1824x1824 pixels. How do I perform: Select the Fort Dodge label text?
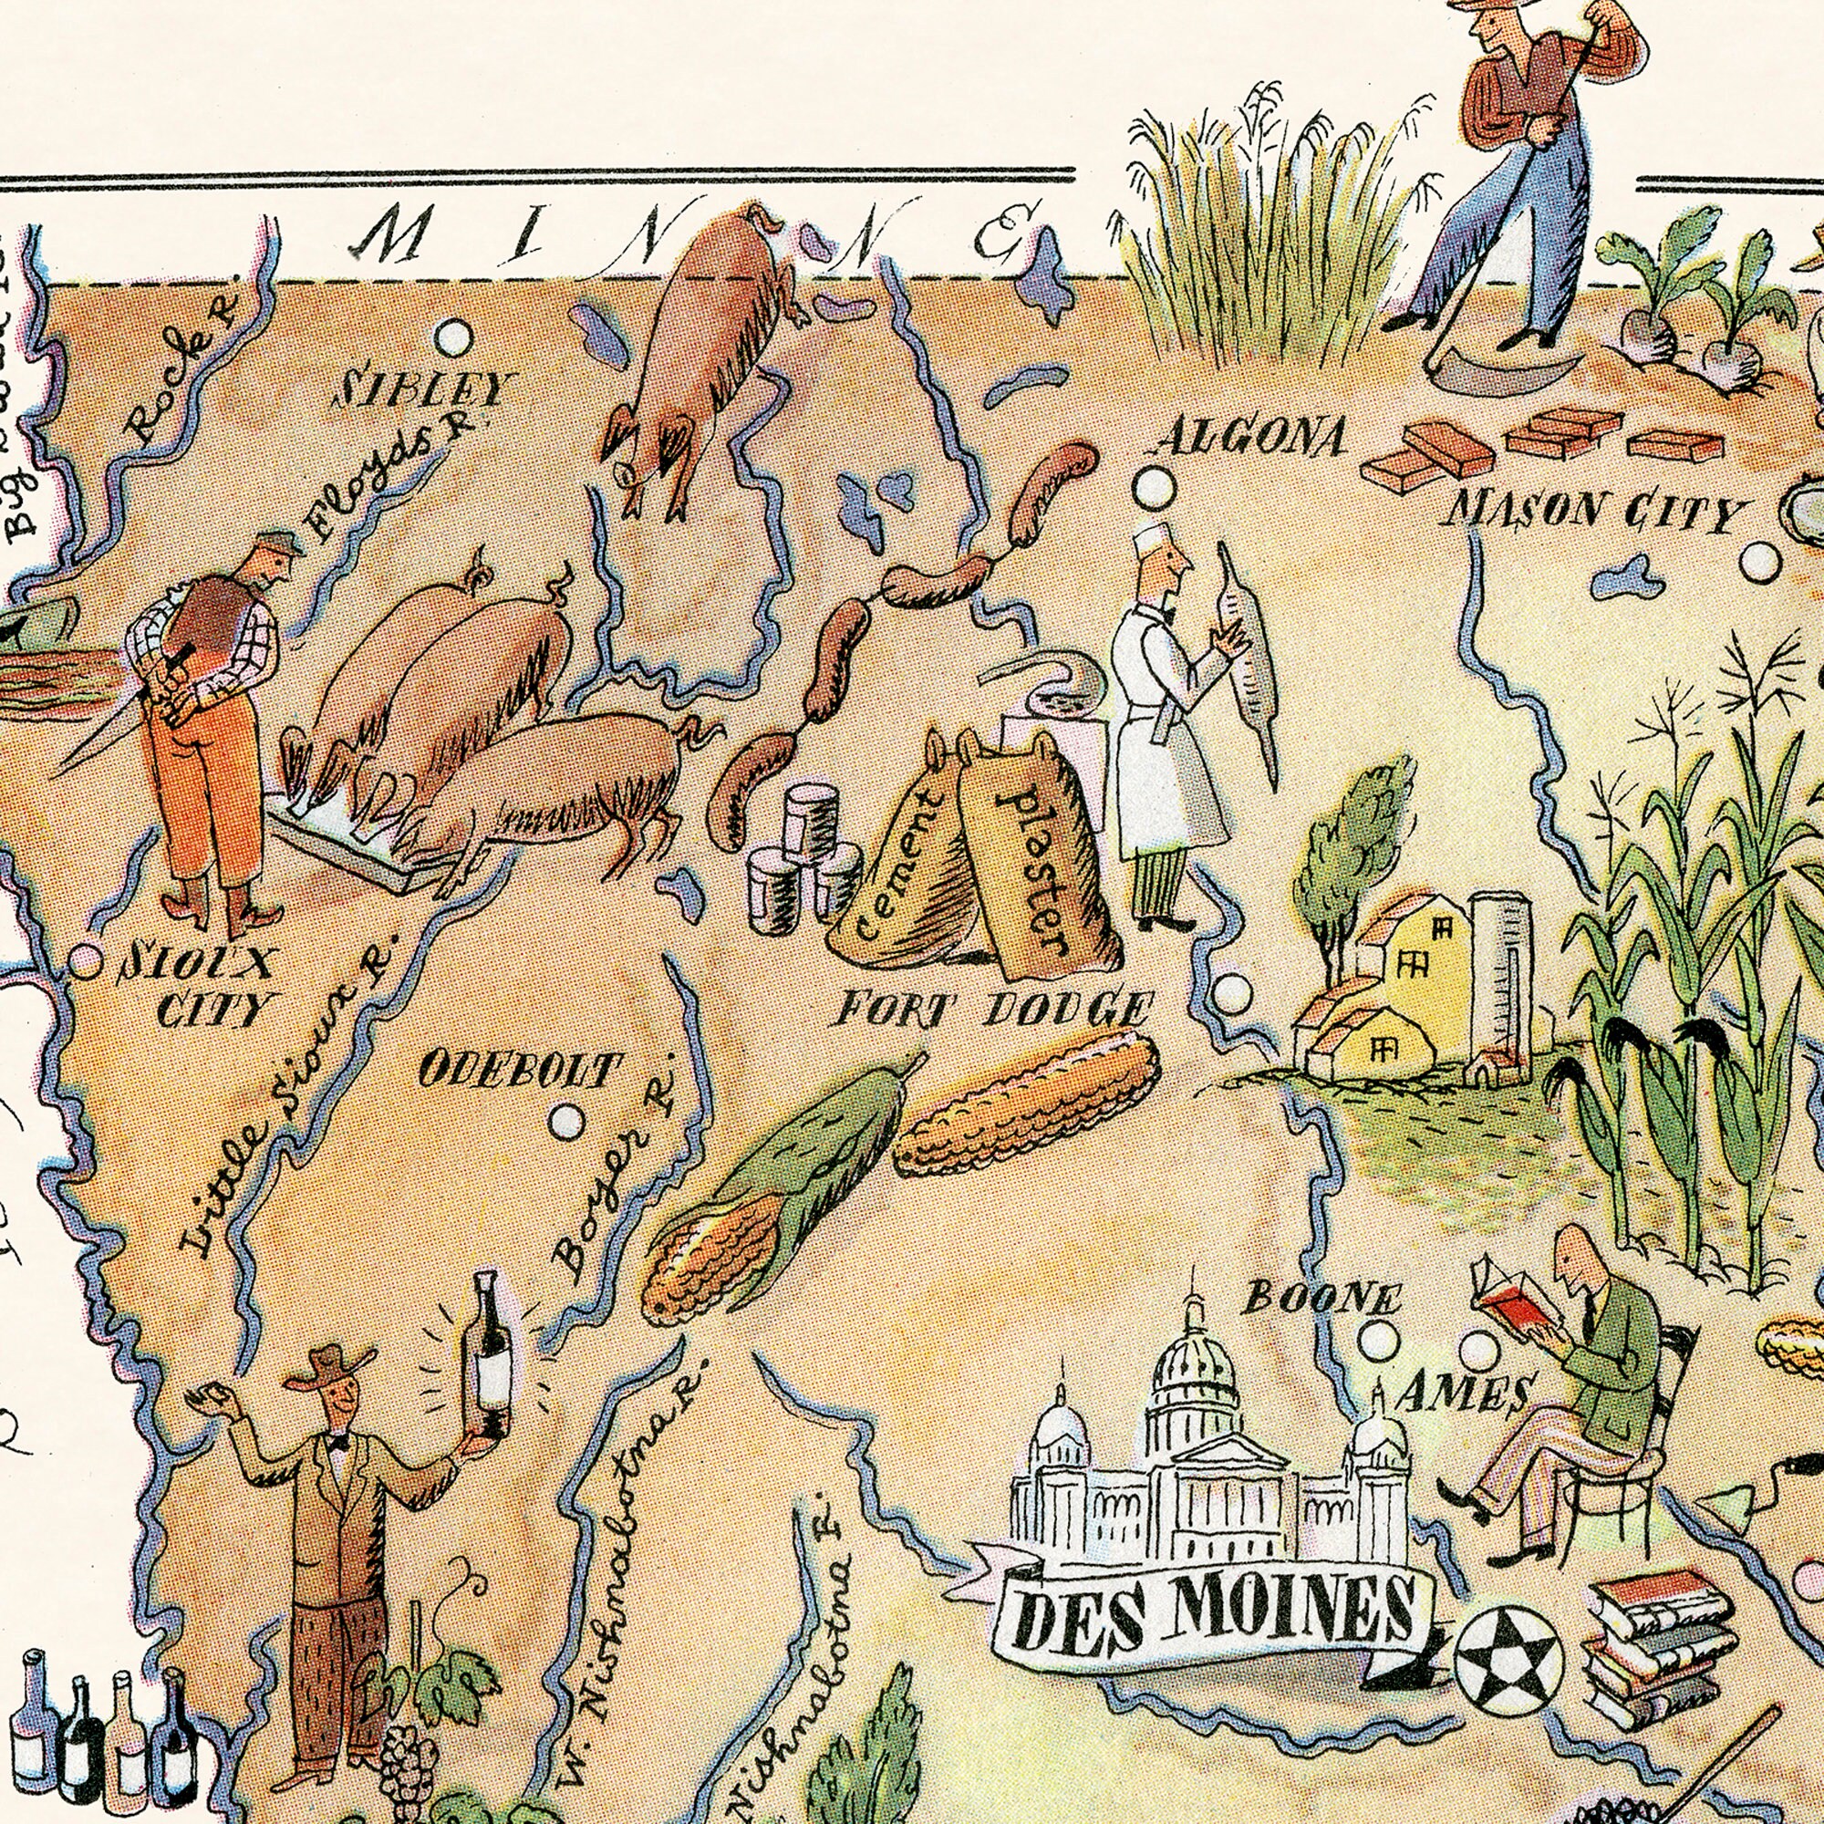click(993, 1010)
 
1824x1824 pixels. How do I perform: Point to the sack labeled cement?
click(896, 864)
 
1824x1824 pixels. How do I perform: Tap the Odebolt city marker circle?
click(567, 1121)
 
